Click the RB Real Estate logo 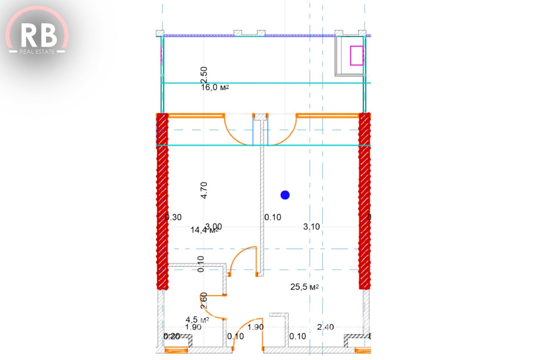click(37, 36)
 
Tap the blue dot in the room click(285, 195)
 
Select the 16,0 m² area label click(215, 88)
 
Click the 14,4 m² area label click(204, 230)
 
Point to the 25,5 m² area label click(304, 287)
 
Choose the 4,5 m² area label click(197, 319)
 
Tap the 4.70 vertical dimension click(204, 190)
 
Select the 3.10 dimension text click(311, 227)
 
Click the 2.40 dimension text click(325, 327)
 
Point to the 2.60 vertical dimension click(204, 300)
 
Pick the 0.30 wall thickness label click(174, 217)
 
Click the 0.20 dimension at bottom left click(171, 336)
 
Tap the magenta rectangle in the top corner click(357, 55)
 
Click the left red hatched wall click(162, 201)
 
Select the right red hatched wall click(365, 201)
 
